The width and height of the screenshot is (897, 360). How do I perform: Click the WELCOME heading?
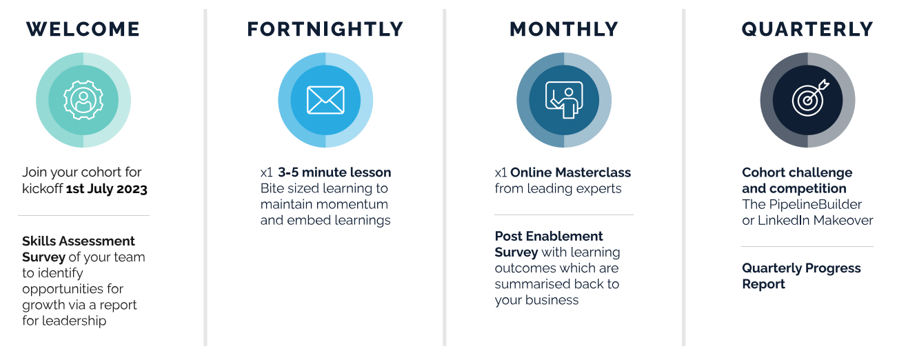tap(83, 29)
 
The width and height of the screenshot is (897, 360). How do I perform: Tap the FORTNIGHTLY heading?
tap(325, 29)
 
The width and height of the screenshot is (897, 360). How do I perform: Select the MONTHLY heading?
tap(564, 29)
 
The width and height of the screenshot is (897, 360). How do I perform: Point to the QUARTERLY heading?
tap(807, 30)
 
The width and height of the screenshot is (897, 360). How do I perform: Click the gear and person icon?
tap(83, 100)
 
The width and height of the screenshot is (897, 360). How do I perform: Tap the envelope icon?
tap(325, 100)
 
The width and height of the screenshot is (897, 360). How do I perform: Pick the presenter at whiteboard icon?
tap(564, 100)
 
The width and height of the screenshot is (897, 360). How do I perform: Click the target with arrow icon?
tap(809, 98)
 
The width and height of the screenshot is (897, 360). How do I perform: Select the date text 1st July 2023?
tap(106, 188)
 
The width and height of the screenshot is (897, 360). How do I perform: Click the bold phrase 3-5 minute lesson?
tap(334, 172)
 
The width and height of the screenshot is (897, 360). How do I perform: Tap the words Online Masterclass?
tap(570, 172)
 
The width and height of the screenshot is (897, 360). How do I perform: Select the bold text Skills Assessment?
tap(79, 241)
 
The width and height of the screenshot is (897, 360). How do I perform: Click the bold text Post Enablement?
tap(549, 237)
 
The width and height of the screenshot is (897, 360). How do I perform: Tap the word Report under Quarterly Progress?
tap(763, 284)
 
